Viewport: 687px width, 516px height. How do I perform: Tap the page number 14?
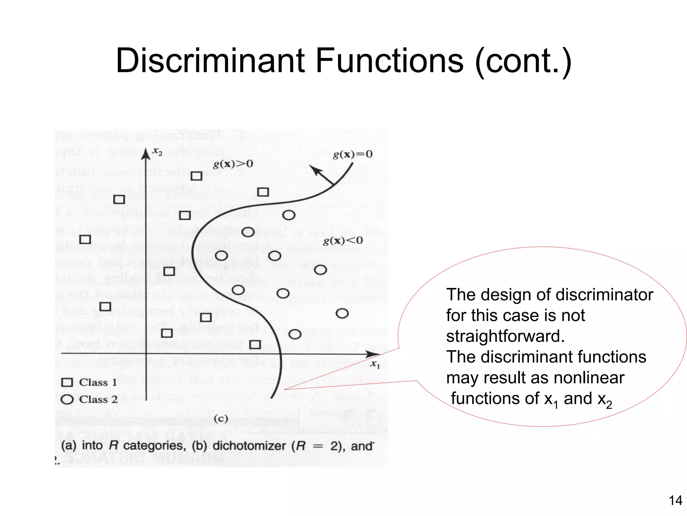coord(675,501)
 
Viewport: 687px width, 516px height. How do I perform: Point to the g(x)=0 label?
coord(352,154)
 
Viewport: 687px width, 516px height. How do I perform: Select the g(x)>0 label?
coord(233,164)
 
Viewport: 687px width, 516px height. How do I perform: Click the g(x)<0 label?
coord(343,241)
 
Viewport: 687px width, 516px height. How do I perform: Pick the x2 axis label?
coord(157,152)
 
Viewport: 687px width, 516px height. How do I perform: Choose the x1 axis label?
coord(375,364)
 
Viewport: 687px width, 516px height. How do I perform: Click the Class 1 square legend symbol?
coord(67,383)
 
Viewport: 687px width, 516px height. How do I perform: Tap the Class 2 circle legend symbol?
coord(67,400)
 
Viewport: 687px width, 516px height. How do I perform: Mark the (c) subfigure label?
coord(221,418)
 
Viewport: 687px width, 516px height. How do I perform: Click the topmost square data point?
coord(196,176)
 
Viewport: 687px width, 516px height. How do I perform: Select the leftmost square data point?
coord(85,239)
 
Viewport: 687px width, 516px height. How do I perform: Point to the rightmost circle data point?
coord(342,313)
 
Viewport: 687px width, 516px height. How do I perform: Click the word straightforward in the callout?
coord(505,336)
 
